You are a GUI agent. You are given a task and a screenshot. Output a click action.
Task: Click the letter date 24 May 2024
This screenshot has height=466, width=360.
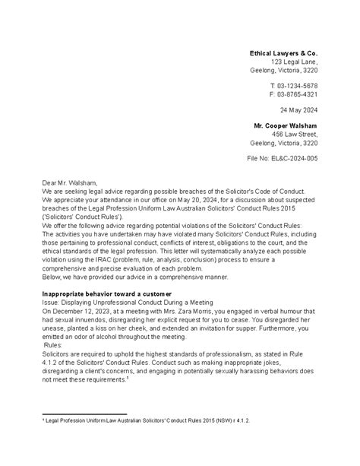(297, 109)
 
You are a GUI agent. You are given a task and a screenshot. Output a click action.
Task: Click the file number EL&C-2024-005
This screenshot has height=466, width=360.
(290, 158)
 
